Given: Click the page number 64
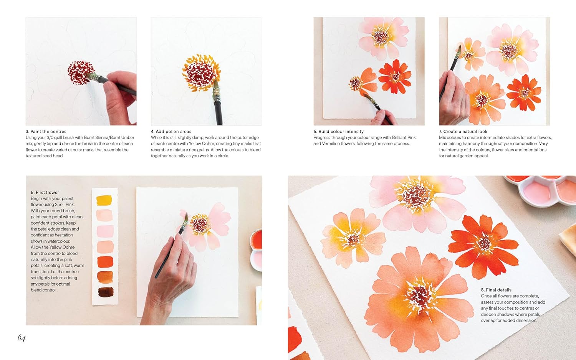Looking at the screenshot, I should (x=22, y=338).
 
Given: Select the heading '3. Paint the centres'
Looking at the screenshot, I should (x=46, y=132).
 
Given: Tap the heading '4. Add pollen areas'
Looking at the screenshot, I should (x=171, y=132).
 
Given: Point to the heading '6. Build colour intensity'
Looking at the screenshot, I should (x=338, y=132).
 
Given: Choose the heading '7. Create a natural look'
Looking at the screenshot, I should (x=463, y=132).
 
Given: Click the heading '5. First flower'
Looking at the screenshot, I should (x=45, y=193).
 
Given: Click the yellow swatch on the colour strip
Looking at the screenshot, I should (x=104, y=200).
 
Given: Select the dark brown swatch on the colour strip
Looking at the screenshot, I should (x=105, y=292).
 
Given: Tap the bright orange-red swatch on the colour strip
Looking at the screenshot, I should (x=105, y=262).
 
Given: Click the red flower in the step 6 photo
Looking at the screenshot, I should (x=395, y=77).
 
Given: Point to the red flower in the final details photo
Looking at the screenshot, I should (x=484, y=244).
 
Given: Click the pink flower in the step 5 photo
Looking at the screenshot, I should (x=209, y=226).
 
